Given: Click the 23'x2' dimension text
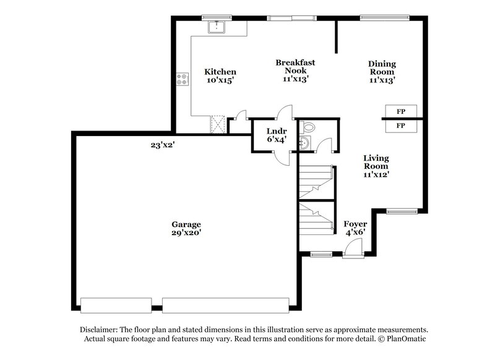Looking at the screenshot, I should click(x=163, y=145).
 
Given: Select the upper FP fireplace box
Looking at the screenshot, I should click(x=400, y=111).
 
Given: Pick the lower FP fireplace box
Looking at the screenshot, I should click(x=400, y=126).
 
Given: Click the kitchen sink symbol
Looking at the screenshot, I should click(x=217, y=27).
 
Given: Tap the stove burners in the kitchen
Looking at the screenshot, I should click(x=184, y=79).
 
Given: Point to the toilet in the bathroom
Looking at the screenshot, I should click(x=308, y=127).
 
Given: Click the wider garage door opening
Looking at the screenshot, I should click(x=225, y=304).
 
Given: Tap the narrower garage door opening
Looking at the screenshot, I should click(x=116, y=304).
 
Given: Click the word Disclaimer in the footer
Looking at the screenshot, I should click(x=101, y=330).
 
